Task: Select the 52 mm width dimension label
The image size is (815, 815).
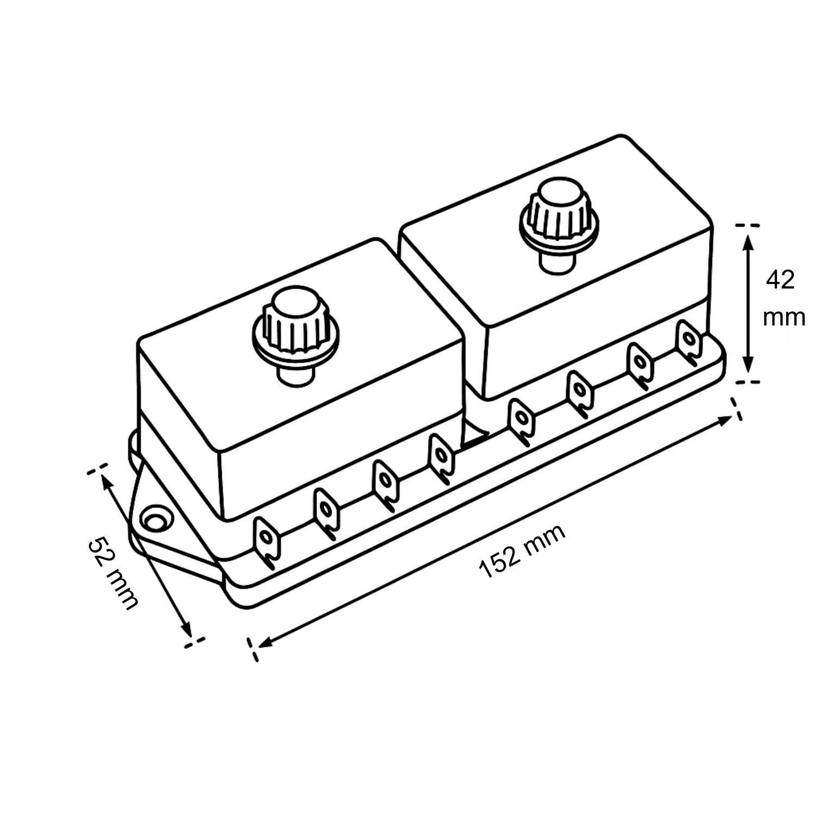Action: [x=113, y=573]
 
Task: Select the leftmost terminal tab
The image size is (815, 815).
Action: [x=267, y=541]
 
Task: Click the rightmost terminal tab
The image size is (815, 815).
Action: [x=689, y=341]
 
